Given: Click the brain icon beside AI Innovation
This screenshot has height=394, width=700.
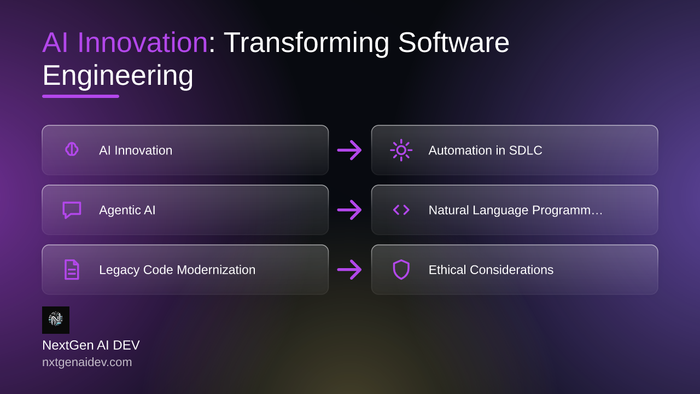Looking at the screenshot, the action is [x=72, y=149].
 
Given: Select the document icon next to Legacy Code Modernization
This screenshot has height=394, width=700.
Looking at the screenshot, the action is [x=72, y=270].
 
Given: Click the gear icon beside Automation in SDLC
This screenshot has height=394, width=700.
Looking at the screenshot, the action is [x=401, y=150].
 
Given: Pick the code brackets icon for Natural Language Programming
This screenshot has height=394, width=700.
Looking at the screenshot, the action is [x=401, y=210].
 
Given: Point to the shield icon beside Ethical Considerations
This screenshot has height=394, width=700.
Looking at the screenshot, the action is [x=401, y=270].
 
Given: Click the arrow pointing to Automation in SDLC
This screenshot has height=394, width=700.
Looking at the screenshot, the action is [x=349, y=150].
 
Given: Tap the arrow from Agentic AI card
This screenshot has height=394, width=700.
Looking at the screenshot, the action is [x=349, y=210].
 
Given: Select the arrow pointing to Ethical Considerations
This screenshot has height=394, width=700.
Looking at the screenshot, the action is [x=349, y=270].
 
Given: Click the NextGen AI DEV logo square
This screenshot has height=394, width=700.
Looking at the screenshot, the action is [x=56, y=320].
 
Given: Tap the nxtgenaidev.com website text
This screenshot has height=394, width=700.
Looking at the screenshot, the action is [x=87, y=362].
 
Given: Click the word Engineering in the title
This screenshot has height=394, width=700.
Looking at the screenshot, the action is [x=118, y=76].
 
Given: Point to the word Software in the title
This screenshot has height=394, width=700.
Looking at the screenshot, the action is [x=454, y=43].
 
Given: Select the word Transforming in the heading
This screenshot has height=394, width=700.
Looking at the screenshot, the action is [x=307, y=43].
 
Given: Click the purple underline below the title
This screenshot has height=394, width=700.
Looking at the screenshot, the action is [x=80, y=96].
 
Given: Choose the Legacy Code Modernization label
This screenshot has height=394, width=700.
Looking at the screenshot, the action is [x=177, y=270].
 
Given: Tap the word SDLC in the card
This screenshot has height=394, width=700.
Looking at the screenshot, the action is [x=526, y=150].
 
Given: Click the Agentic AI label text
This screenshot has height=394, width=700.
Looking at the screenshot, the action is [x=127, y=210].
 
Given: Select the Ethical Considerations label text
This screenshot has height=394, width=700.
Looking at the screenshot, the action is [x=491, y=270].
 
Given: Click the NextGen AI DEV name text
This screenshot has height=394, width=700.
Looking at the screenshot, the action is [x=91, y=345].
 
